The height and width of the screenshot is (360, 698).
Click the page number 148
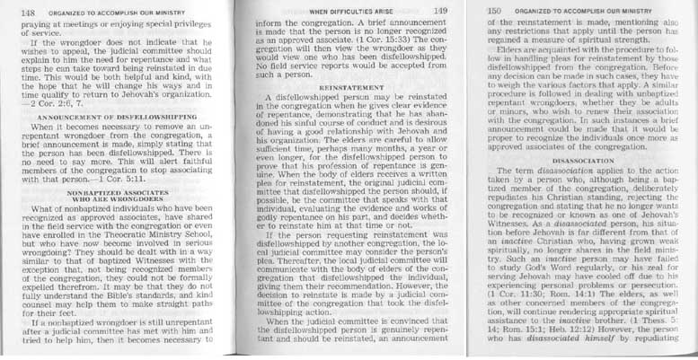point(13,13)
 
